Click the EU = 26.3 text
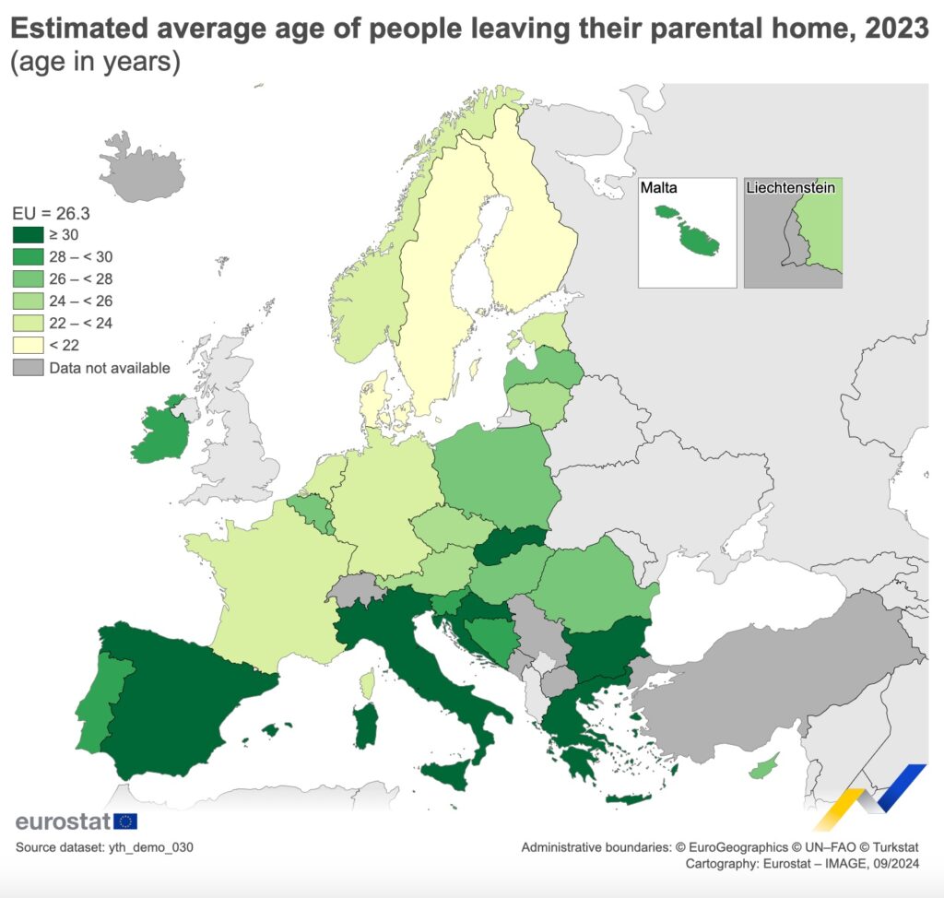pyautogui.click(x=51, y=213)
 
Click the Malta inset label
pyautogui.click(x=659, y=188)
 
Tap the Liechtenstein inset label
pyautogui.click(x=790, y=188)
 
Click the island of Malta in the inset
pyautogui.click(x=697, y=242)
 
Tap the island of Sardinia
pyautogui.click(x=365, y=726)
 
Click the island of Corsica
pyautogui.click(x=368, y=683)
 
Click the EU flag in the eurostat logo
pyautogui.click(x=125, y=821)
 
